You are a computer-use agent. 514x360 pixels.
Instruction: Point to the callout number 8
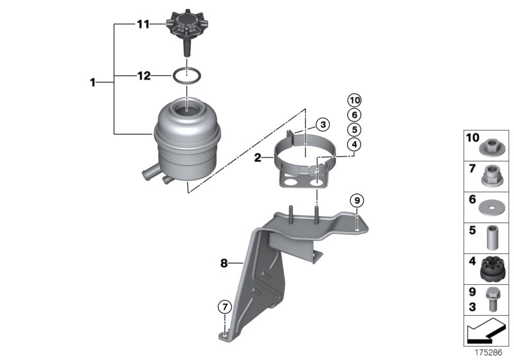[224, 262]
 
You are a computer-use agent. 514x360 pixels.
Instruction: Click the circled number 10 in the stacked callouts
[355, 100]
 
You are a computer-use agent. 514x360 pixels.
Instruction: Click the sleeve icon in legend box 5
[492, 237]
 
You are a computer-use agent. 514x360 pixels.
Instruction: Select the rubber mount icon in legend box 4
[492, 268]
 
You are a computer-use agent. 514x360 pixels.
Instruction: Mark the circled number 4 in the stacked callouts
[355, 145]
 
